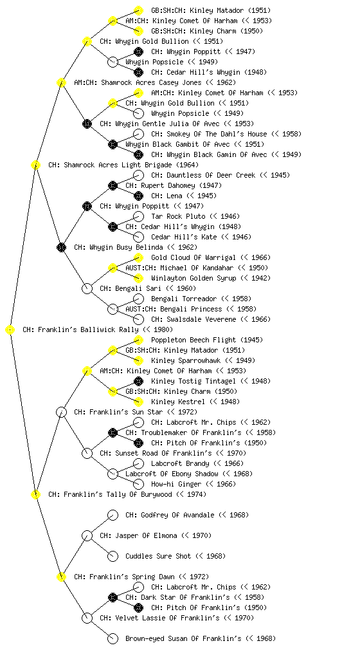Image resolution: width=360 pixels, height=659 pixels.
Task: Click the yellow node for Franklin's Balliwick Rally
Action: (10, 329)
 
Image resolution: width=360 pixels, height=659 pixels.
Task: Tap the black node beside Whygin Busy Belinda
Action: (61, 247)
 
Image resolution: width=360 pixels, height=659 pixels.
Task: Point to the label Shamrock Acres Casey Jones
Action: (151, 82)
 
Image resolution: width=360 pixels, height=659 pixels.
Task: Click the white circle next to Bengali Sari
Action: (87, 288)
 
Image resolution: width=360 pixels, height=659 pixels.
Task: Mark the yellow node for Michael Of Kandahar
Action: (113, 268)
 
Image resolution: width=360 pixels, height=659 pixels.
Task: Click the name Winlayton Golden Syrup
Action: (194, 278)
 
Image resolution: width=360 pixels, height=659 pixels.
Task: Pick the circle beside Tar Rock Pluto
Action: (138, 216)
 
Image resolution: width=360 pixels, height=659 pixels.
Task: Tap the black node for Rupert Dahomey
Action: (113, 185)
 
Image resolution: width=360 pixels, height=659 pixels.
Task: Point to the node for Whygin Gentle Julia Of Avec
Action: (87, 124)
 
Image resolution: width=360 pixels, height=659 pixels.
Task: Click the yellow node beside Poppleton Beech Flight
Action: (138, 340)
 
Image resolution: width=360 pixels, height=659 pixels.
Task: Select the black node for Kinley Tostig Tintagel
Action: (138, 381)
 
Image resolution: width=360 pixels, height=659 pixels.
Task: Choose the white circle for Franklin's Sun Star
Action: (61, 412)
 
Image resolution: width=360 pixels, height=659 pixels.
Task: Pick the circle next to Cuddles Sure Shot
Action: (113, 556)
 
